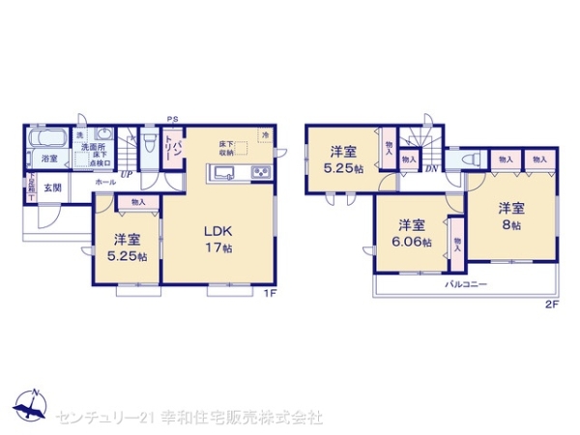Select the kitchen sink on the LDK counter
coord(221,174)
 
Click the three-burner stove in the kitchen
coord(261,174)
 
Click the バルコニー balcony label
coord(465,285)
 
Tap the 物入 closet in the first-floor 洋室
coord(137,202)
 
